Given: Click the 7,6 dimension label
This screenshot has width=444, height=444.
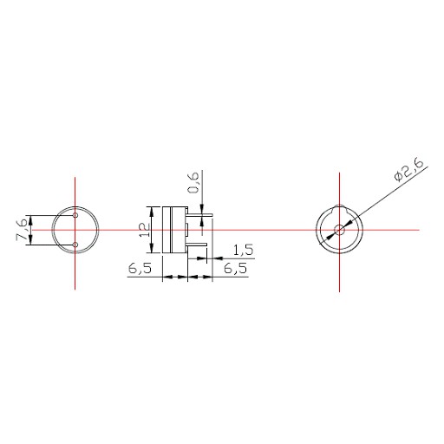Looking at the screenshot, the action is tap(23, 230).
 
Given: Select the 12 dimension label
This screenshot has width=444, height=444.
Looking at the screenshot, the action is tap(145, 230).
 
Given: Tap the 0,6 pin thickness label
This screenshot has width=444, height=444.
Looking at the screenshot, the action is tap(193, 182).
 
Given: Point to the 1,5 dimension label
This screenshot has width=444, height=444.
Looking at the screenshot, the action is tap(243, 250).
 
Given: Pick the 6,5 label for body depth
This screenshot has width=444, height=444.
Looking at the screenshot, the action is tap(140, 269).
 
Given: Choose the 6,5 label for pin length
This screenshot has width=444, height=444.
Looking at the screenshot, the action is tap(236, 269).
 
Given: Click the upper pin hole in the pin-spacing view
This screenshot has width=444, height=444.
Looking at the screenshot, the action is tap(75, 215).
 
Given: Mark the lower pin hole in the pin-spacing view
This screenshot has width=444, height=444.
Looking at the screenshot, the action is tap(75, 245).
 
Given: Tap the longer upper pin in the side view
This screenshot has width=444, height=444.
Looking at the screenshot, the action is tap(200, 214).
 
